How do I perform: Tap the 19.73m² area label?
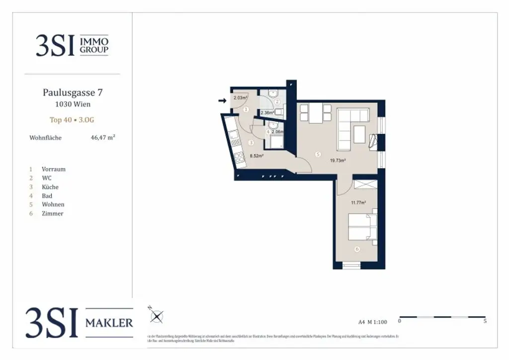tap(338, 161)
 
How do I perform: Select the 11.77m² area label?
tap(358, 202)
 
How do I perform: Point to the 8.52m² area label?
tap(256, 156)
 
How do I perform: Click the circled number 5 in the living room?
tap(318, 155)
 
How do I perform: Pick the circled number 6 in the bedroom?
tap(356, 249)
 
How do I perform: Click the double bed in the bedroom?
tap(362, 226)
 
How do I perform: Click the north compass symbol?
tap(157, 316)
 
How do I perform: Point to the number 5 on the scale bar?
tap(485, 321)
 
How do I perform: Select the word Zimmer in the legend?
tap(53, 213)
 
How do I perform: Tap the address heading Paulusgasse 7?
tap(73, 92)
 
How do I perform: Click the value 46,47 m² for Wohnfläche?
tap(103, 138)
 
